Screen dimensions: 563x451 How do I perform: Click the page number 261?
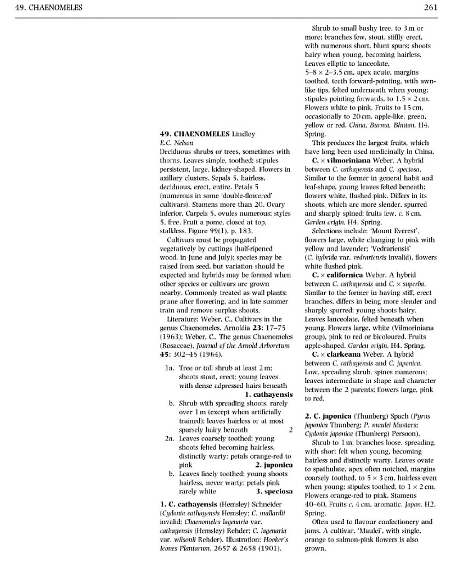(x=430, y=7)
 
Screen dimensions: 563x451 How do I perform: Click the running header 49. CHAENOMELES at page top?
(x=49, y=7)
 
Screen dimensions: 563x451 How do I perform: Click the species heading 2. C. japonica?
(x=329, y=416)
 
